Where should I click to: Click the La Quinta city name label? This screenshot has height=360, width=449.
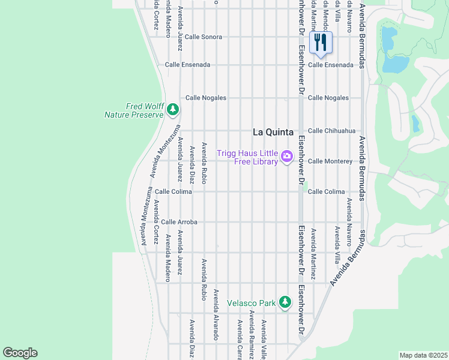coord(273,132)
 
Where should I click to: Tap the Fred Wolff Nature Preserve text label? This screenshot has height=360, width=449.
coord(134,110)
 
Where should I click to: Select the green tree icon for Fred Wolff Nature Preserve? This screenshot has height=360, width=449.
coord(173,109)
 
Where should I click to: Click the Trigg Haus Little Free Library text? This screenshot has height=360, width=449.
coord(247,157)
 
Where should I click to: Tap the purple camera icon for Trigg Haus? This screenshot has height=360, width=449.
coord(287,157)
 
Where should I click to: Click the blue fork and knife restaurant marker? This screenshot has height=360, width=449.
coord(321,43)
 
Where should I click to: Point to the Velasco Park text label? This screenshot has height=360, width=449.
coord(251,303)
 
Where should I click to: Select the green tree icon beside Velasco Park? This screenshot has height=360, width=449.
coord(285,302)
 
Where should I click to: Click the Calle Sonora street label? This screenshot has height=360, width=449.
coord(203,37)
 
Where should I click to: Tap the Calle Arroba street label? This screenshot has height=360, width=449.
coord(179,222)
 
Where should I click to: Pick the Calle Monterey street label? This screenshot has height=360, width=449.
coord(330,161)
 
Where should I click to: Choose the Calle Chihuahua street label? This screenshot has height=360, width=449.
coord(331,131)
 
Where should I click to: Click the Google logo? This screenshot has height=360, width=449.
coord(20,353)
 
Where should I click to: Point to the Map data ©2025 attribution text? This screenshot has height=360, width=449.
coord(423,355)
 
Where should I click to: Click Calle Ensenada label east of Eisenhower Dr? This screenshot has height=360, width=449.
coord(330,65)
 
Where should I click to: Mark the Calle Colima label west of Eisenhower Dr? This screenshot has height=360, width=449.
coord(173,191)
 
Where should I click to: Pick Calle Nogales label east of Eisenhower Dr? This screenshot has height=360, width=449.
coord(328,98)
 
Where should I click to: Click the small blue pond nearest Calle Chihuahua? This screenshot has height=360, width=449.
coord(415,123)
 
